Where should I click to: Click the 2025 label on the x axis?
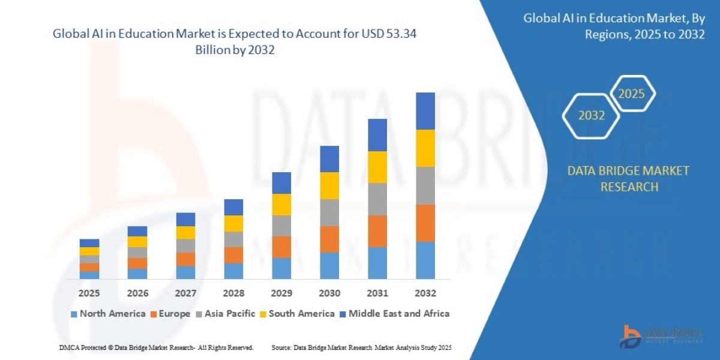coord(89,293)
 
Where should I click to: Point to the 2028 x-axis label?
coord(233,293)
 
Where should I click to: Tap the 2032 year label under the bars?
coord(425,293)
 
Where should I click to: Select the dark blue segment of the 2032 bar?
coord(425,111)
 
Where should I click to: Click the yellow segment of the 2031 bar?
coord(377,167)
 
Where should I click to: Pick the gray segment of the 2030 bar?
coord(329,212)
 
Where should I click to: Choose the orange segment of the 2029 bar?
coord(281,247)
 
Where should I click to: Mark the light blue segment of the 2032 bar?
coord(425,260)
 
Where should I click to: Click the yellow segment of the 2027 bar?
coord(185,232)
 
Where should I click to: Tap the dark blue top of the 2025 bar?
coord(89,243)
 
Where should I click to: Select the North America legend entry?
coord(108,313)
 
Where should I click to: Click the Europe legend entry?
coord(172,313)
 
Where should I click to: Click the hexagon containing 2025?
coord(631,94)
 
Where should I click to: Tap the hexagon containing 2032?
coord(591,115)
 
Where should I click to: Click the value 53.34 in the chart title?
coord(403,34)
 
